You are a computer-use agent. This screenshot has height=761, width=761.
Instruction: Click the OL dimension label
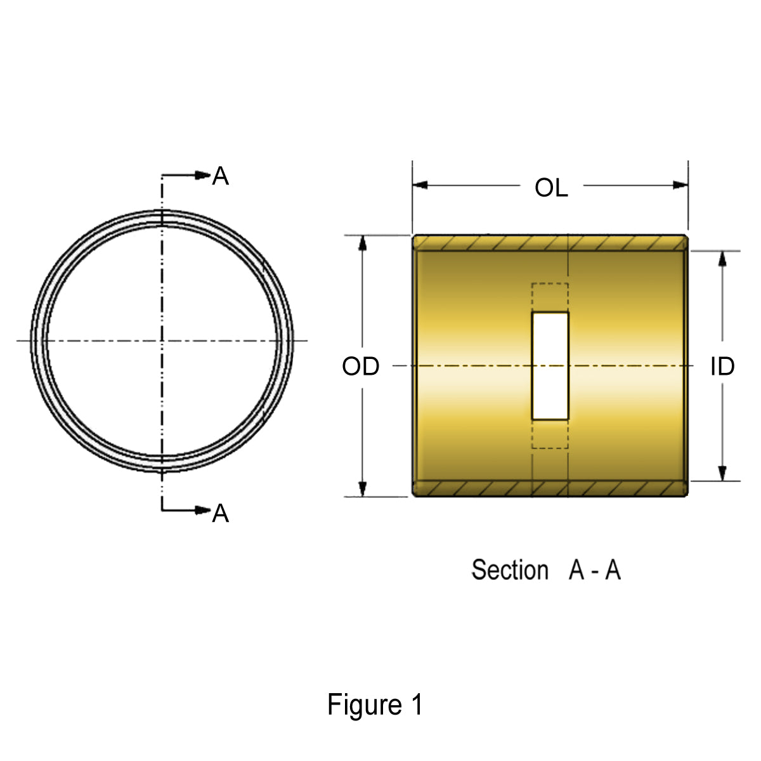tap(551, 188)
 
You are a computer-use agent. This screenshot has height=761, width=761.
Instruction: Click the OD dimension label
tap(360, 367)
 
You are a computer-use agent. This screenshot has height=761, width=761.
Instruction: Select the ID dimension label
tap(722, 367)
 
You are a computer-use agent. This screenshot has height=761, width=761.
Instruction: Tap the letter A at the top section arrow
tap(220, 176)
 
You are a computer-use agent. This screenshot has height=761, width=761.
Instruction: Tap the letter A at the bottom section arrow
tap(220, 513)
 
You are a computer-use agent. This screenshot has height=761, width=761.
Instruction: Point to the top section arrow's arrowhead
tap(203, 175)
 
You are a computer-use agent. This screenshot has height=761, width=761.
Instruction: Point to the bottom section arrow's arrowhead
tap(203, 510)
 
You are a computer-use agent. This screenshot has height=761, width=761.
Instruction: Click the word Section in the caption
tap(509, 570)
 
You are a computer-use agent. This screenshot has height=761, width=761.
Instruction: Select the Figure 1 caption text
tap(374, 705)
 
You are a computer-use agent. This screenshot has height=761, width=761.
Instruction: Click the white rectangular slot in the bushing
tap(550, 365)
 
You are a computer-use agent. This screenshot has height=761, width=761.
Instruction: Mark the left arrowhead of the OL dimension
tap(420, 185)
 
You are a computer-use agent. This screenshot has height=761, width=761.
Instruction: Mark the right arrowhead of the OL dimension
tap(680, 185)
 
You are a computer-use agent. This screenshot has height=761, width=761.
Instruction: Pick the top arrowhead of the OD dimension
tap(363, 244)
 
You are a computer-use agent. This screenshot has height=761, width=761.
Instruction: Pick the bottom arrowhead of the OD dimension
tap(363, 488)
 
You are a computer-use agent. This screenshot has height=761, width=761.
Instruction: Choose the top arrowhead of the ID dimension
tap(722, 259)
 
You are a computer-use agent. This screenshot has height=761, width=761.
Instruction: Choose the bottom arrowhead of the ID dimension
tap(722, 472)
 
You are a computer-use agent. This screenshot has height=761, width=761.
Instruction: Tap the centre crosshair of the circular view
tap(162, 341)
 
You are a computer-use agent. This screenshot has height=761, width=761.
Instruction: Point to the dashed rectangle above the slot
tap(550, 297)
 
